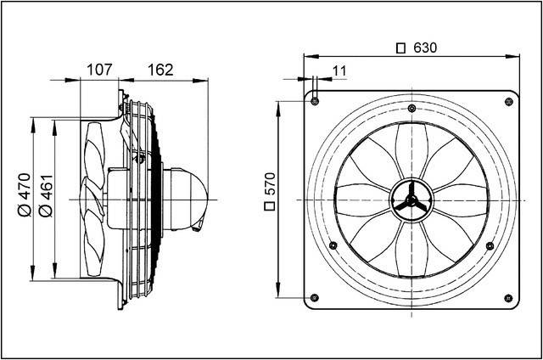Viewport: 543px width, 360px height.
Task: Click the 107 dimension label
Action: (x=102, y=69)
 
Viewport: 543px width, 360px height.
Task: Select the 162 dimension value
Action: (x=160, y=69)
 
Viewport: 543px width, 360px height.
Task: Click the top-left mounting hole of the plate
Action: (x=315, y=101)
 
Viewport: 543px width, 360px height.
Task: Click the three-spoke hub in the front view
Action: (x=411, y=200)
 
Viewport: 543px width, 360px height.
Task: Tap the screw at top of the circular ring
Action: (x=411, y=107)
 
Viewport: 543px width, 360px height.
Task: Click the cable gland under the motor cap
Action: (x=200, y=224)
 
